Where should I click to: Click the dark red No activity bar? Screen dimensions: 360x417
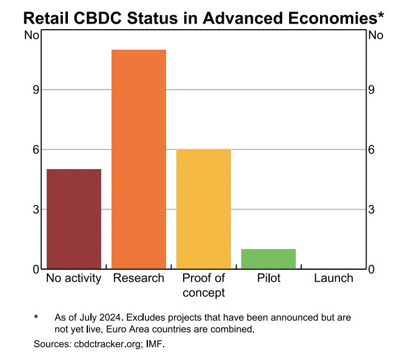pos(74,219)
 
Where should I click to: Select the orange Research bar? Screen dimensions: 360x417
pos(139,159)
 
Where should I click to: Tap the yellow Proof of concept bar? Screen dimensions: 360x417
pos(204,208)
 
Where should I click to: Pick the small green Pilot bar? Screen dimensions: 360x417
pos(269,259)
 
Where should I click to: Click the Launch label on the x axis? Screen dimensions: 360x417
pos(333,278)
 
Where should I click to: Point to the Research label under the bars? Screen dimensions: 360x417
pos(139,278)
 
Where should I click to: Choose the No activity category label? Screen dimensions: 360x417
pos(74,278)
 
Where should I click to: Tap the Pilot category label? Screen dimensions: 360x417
pos(269,278)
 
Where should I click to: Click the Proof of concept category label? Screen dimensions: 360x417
pos(204,285)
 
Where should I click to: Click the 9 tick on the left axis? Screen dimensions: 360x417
pos(36,90)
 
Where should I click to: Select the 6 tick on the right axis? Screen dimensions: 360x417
pos(372,149)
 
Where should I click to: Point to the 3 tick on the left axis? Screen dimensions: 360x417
pos(36,209)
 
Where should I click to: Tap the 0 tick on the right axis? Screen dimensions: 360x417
pos(372,268)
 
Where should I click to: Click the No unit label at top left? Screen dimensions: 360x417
pos(32,35)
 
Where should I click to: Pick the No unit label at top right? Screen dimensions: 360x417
pos(376,35)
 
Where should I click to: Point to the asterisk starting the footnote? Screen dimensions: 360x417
pos(36,317)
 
